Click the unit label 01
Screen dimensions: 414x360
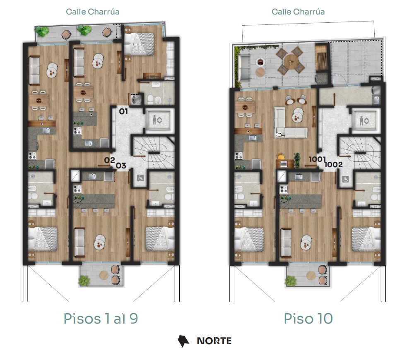[123, 111]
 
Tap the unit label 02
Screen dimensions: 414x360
[109, 160]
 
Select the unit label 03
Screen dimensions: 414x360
[121, 166]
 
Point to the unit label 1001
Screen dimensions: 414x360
[318, 159]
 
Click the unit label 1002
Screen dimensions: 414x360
[333, 164]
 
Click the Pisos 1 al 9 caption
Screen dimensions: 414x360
[101, 318]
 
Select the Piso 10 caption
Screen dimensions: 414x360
[308, 318]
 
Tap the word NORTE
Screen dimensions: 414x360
[214, 341]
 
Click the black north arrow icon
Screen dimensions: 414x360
[183, 341]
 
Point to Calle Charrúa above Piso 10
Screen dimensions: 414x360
[298, 12]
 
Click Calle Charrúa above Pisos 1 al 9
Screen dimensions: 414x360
[92, 12]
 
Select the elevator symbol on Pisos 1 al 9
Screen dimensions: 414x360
[157, 120]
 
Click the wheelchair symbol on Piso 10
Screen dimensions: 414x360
[345, 180]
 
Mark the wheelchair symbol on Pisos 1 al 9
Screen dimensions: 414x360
[140, 178]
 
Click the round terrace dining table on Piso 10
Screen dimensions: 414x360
[291, 62]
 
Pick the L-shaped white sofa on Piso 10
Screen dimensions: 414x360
[290, 123]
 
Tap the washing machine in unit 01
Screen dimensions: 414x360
[136, 99]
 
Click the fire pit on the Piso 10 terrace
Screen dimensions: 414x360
[260, 62]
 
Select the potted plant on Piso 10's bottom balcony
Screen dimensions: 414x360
[291, 281]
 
